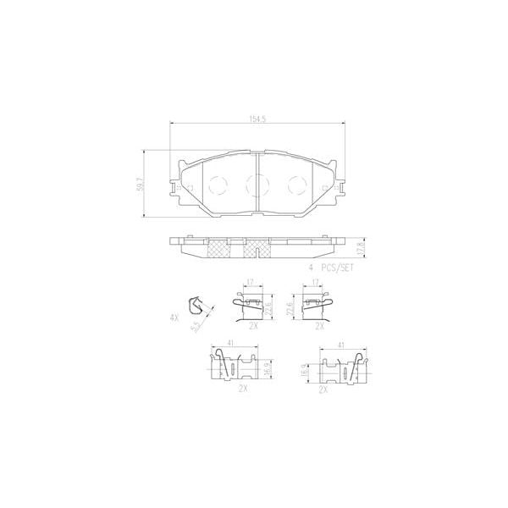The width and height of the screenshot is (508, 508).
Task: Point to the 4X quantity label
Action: pos(174,318)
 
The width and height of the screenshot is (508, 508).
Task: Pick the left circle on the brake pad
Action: pos(215,184)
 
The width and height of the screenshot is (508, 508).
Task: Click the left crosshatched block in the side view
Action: pos(219,247)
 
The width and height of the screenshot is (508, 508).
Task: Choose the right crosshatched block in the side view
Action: pos(257,247)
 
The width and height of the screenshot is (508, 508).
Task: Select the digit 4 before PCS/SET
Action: pos(311,266)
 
